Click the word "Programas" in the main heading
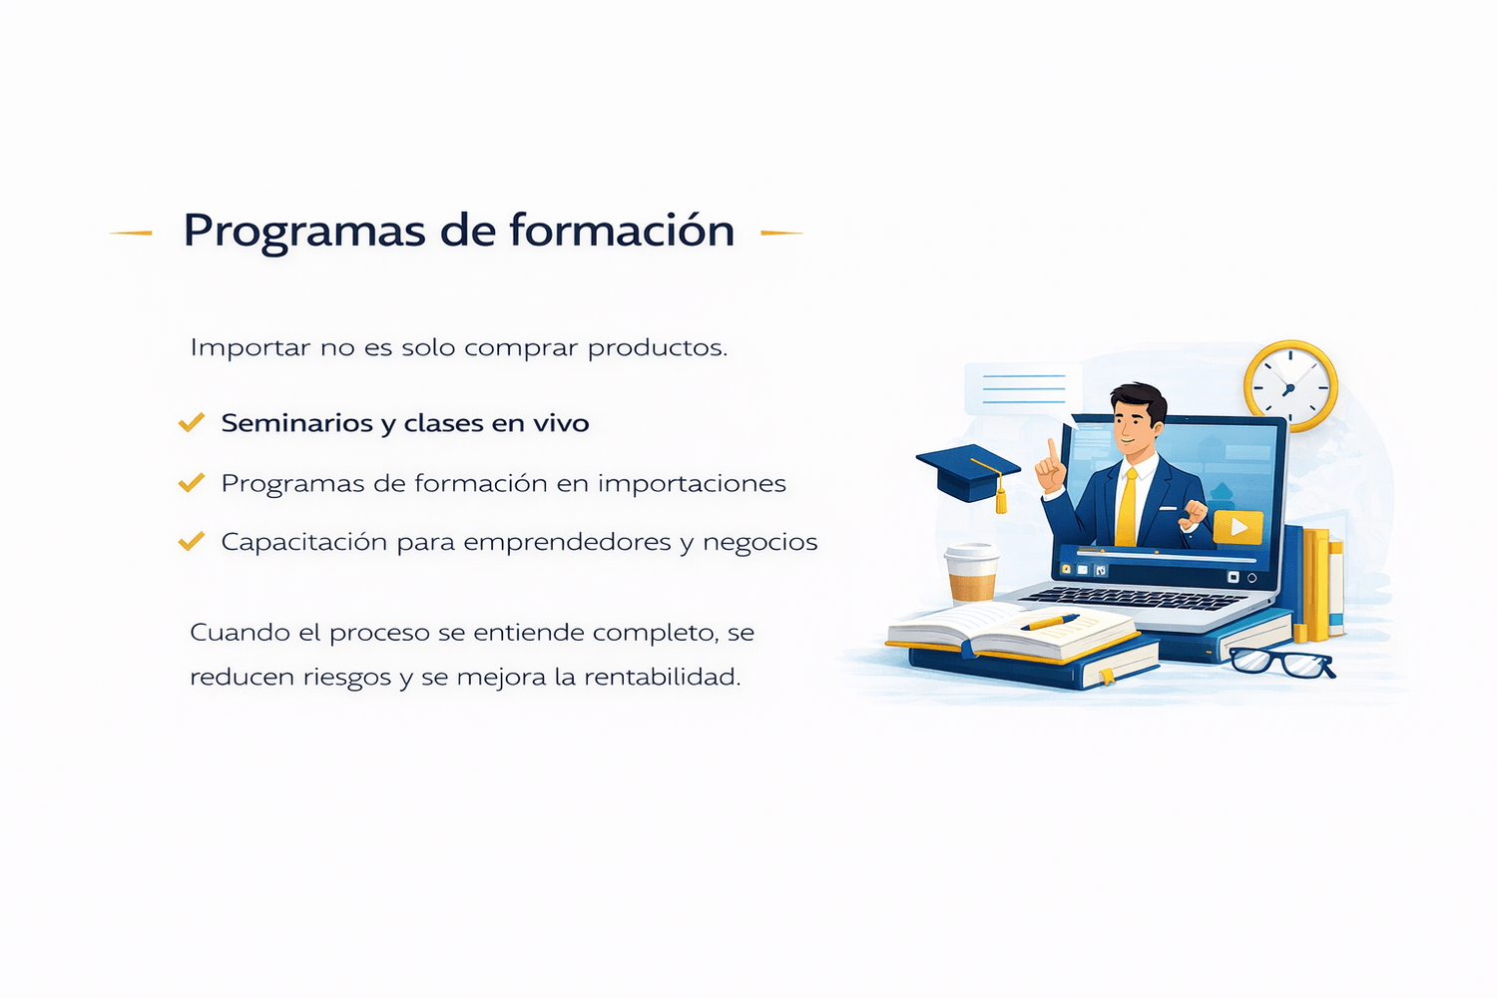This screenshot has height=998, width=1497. (x=304, y=233)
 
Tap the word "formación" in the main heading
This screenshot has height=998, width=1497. (x=622, y=229)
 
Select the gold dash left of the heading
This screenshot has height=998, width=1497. (x=131, y=234)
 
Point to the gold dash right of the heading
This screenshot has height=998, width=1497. (x=781, y=234)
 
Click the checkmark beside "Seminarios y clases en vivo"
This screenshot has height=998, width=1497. (x=192, y=422)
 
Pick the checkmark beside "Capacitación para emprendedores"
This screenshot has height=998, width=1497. (x=192, y=541)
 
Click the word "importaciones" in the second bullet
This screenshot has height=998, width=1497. (x=692, y=484)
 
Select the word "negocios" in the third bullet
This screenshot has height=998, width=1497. (x=759, y=543)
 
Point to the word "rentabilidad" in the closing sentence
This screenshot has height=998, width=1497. (x=663, y=677)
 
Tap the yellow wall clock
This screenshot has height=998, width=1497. (x=1290, y=386)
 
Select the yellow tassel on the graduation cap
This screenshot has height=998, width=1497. (x=1000, y=498)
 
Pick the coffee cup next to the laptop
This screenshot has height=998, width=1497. (x=972, y=574)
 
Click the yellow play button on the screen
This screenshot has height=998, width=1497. (x=1238, y=527)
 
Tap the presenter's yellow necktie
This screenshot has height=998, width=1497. (x=1127, y=507)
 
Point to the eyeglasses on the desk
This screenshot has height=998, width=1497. (x=1281, y=663)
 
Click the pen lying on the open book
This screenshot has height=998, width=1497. (x=1049, y=623)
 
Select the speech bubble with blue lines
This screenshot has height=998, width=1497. (x=1023, y=390)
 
